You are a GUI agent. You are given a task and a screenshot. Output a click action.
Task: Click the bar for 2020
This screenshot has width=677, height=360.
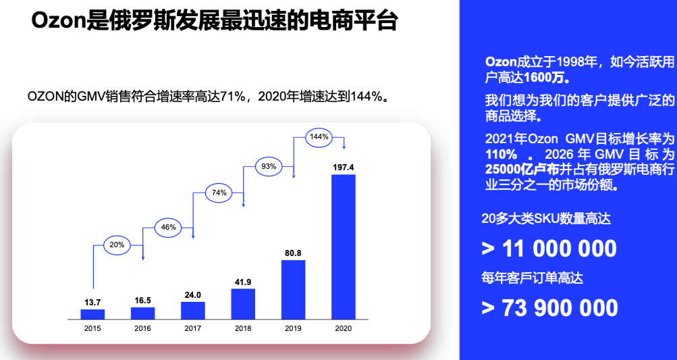[x=343, y=247]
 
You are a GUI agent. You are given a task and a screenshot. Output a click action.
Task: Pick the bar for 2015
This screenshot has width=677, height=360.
[x=92, y=313]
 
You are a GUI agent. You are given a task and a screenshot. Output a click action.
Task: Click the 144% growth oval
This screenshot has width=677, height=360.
[x=319, y=136]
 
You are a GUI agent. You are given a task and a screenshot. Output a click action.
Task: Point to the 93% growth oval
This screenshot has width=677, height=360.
[x=269, y=166]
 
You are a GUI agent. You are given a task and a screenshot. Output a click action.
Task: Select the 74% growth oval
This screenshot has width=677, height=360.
[x=219, y=192]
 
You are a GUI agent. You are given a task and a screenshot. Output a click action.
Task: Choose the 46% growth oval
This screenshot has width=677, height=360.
[x=169, y=227]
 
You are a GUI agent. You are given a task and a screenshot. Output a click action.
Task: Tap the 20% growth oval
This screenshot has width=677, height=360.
[x=117, y=245]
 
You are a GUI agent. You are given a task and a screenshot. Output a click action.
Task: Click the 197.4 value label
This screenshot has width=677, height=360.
[x=343, y=166]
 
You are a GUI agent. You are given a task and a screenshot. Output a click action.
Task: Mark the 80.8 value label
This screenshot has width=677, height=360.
[x=293, y=253]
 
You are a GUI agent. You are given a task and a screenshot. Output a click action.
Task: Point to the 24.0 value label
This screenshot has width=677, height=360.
[x=193, y=294]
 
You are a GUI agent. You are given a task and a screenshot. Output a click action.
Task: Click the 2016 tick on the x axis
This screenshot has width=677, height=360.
[x=142, y=328]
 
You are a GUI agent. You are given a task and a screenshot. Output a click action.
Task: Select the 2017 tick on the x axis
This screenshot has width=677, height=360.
[x=193, y=328]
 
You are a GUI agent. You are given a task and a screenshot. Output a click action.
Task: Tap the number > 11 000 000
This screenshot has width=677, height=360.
[x=549, y=248]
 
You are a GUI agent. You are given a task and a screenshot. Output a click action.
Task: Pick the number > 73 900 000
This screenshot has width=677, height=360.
[x=550, y=307]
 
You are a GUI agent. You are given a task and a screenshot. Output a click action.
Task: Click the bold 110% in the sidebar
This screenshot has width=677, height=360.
[x=502, y=153]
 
